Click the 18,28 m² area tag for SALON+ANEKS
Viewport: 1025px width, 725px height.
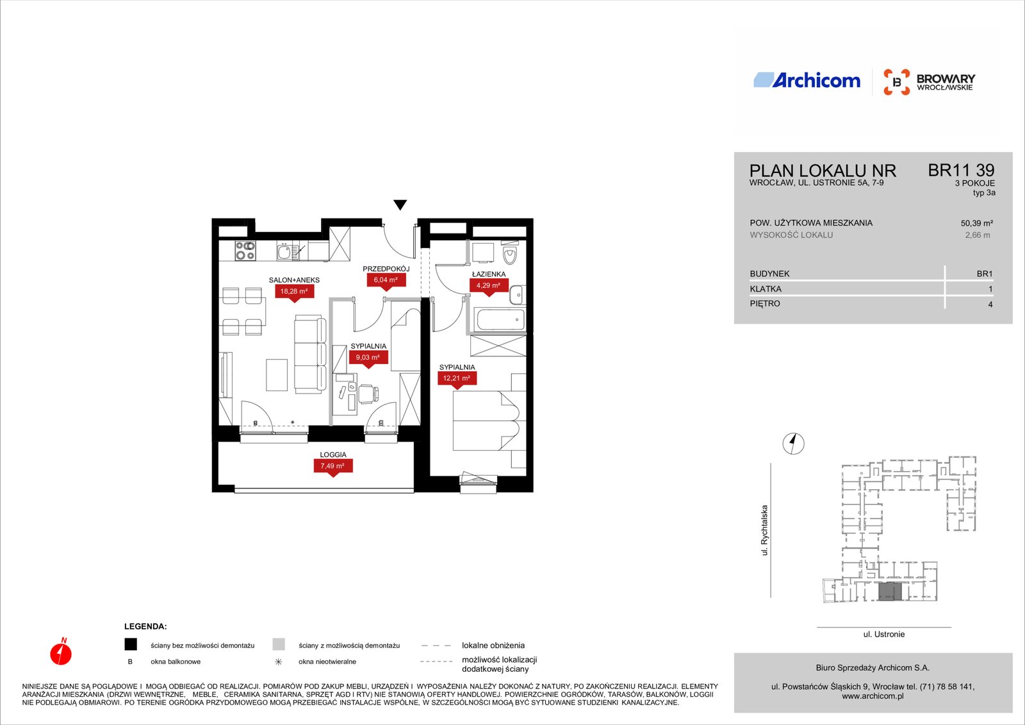[294, 292]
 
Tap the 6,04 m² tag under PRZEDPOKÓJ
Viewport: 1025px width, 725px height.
[386, 280]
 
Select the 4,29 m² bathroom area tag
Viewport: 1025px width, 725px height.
[489, 286]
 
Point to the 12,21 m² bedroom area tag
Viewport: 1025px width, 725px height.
[457, 378]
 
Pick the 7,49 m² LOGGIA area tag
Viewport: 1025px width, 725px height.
[332, 466]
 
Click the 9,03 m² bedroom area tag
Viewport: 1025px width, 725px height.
[368, 358]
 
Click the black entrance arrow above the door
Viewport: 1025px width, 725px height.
[400, 204]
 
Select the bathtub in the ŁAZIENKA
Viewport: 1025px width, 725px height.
[500, 320]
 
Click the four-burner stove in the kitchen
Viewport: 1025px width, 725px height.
[245, 251]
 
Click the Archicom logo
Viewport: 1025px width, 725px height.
[807, 81]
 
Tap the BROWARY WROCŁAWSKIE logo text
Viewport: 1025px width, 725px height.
[946, 83]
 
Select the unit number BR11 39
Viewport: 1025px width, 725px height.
[961, 171]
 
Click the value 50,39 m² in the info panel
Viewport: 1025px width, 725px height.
[976, 224]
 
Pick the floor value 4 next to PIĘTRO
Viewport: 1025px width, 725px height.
[990, 304]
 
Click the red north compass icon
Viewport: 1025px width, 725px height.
[61, 651]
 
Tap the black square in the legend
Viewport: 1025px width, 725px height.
[131, 644]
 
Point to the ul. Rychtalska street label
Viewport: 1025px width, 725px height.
[764, 530]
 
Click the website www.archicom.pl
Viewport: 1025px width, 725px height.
[872, 696]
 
